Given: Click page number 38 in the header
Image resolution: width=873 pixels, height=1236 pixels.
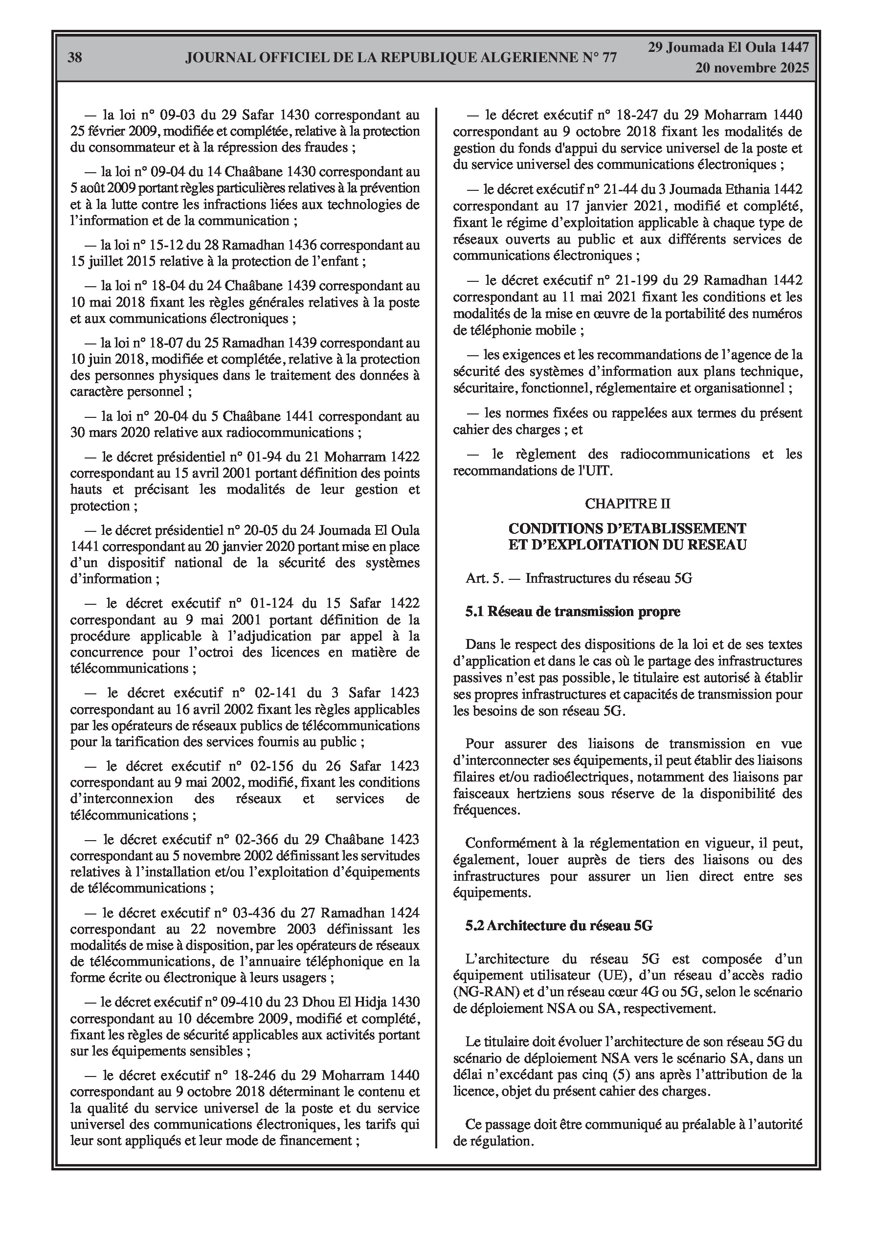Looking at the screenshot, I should (x=75, y=58).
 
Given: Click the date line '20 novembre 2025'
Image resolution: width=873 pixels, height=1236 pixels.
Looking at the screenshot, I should (x=751, y=68).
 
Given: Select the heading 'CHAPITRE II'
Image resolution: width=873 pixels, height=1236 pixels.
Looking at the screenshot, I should (x=627, y=504).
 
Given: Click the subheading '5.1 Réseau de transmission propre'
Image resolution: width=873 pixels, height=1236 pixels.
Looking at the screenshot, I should (x=573, y=612).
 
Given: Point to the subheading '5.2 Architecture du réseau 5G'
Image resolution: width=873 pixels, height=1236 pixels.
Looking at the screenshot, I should (x=559, y=925).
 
